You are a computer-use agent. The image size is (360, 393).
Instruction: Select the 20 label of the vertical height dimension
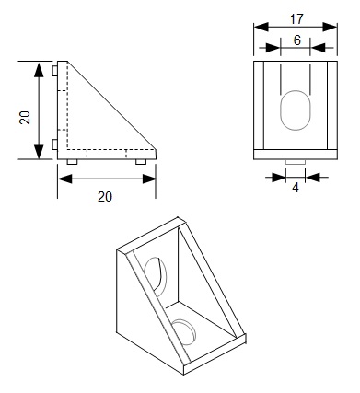coord(26,116)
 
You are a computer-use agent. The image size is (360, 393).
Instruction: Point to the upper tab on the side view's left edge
coord(57,71)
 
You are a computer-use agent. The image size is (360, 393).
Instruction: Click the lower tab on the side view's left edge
coord(57,144)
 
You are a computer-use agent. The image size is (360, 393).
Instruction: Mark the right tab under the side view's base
coord(140,161)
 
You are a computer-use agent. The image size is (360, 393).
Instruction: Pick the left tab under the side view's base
coord(72,161)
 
